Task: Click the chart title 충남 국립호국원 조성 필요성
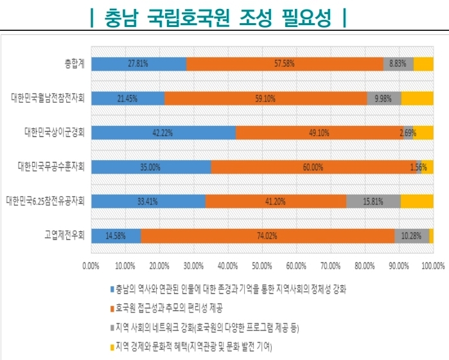[x=219, y=18]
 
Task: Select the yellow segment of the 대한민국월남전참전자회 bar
[x=417, y=98]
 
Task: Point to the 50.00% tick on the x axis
[x=262, y=265]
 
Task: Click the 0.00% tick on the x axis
[x=91, y=265]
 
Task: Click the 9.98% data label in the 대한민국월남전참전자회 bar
[x=384, y=98]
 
